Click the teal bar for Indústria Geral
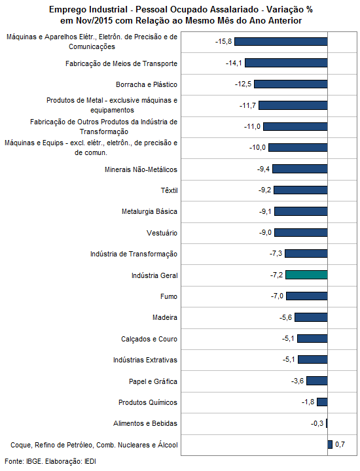coord(306,275)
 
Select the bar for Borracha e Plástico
coord(291,84)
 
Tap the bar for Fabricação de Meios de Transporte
coord(286,63)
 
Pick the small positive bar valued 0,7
coord(330,444)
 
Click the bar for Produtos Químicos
coord(322,402)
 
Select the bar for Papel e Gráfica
coord(317,381)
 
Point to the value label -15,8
coord(224,41)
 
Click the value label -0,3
coord(317,423)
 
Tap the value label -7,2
coord(276,275)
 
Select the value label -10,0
coord(257,147)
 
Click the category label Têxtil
coord(169,190)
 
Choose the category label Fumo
coord(169,296)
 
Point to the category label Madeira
coord(165,317)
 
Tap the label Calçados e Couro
coord(149,339)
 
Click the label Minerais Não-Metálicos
coord(141,169)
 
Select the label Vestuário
coord(162,233)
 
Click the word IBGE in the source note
coord(34,461)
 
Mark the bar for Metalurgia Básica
coord(301,211)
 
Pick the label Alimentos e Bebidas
coord(145,423)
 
